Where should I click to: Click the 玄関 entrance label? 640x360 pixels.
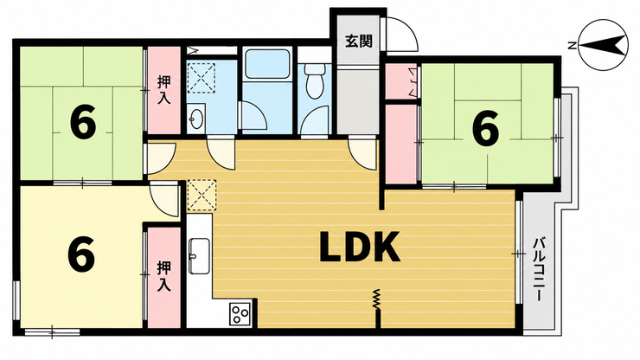tap(359, 41)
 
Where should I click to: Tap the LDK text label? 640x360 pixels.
tap(360, 247)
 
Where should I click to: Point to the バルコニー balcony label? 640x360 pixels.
tap(539, 271)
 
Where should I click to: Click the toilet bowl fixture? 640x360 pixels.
tap(314, 81)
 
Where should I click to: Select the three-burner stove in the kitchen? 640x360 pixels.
tap(240, 314)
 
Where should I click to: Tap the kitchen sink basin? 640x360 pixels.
tap(199, 256)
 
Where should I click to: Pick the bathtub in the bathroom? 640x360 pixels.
tap(266, 64)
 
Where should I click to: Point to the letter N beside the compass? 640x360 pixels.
tap(573, 45)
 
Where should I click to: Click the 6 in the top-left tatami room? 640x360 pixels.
tap(83, 121)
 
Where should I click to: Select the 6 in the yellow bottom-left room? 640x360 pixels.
tap(81, 255)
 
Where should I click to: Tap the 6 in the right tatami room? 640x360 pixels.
tap(485, 128)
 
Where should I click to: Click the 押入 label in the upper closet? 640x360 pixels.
tap(164, 90)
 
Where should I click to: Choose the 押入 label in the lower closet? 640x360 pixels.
tap(163, 277)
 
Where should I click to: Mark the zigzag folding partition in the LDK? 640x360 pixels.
tap(377, 299)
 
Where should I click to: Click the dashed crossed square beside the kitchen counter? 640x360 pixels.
tap(202, 196)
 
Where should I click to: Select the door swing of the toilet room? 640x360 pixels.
tap(314, 119)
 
